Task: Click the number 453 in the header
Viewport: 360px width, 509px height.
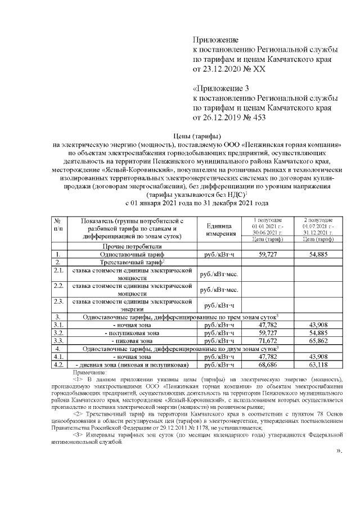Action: click(x=258, y=118)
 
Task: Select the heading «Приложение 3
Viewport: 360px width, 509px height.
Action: click(x=221, y=89)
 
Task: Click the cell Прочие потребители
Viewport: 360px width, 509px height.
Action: click(x=132, y=246)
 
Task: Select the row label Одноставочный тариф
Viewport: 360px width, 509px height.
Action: click(x=132, y=254)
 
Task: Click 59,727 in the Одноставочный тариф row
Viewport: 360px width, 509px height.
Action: click(x=270, y=254)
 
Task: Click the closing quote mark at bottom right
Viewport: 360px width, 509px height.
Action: click(x=339, y=451)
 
